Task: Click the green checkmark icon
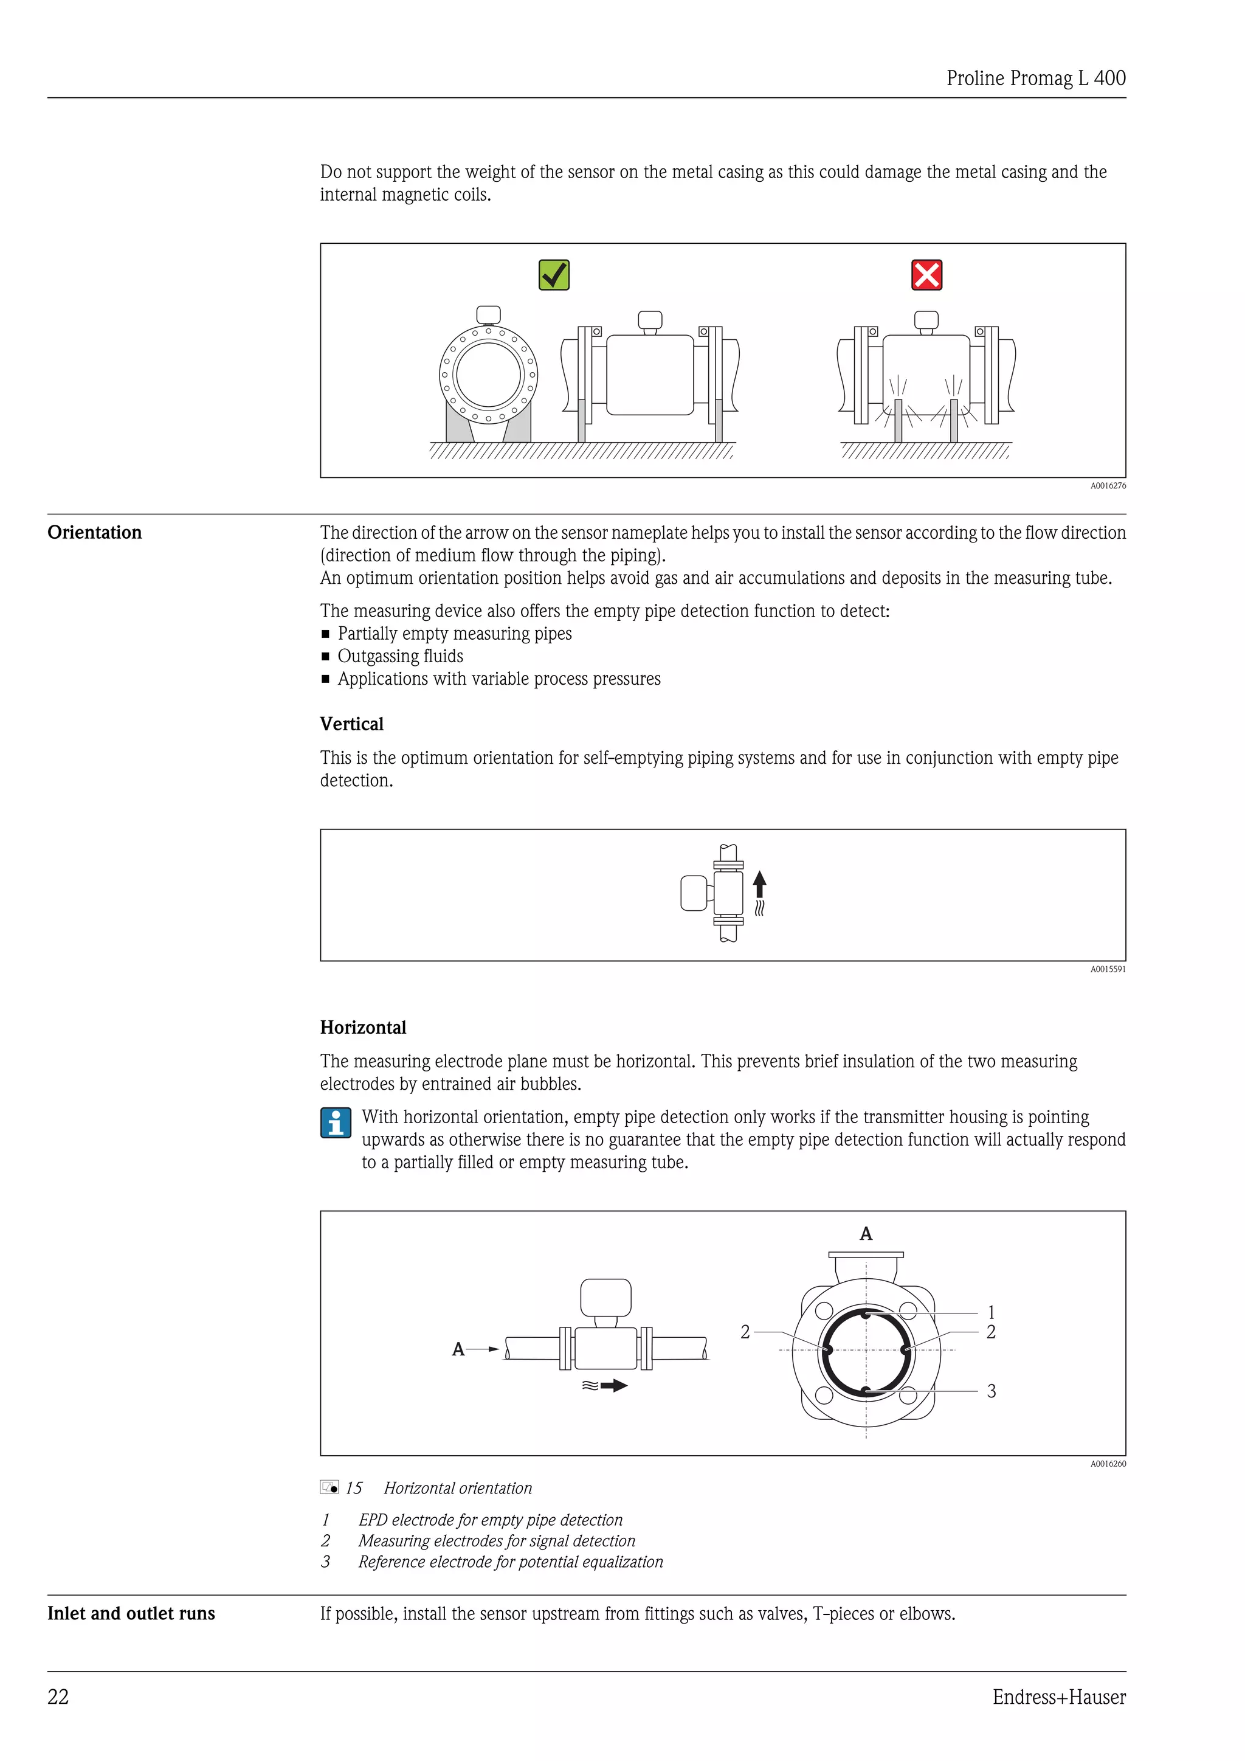click(x=554, y=275)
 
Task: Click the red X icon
click(x=926, y=275)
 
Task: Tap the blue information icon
click(x=335, y=1123)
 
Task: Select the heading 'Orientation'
click(x=94, y=532)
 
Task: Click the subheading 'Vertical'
click(x=351, y=724)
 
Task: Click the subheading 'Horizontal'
click(x=362, y=1028)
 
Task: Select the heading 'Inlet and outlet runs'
click(x=131, y=1614)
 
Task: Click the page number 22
click(x=58, y=1697)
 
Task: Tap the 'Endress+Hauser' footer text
click(x=1059, y=1697)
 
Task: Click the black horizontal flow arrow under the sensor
click(x=613, y=1386)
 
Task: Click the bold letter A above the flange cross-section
click(x=866, y=1234)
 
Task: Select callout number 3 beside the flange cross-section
click(x=992, y=1391)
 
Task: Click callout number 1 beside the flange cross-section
click(x=992, y=1312)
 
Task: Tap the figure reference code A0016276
click(x=1108, y=485)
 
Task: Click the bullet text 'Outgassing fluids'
click(x=400, y=657)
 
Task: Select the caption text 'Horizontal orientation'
click(x=458, y=1488)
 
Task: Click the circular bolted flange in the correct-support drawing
click(x=488, y=375)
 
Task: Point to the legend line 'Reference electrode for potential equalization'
click(x=510, y=1562)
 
